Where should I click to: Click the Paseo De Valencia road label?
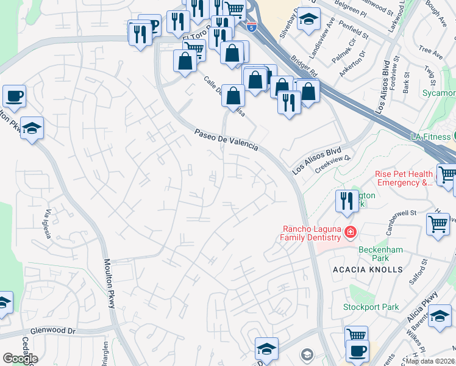(x=226, y=140)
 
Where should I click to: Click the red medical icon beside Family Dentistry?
(x=350, y=232)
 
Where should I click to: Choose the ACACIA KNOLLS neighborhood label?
(x=368, y=269)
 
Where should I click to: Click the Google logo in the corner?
(x=20, y=359)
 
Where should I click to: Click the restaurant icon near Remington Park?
(x=347, y=202)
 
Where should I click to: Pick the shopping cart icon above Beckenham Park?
(x=438, y=224)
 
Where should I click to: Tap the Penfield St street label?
(x=355, y=32)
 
